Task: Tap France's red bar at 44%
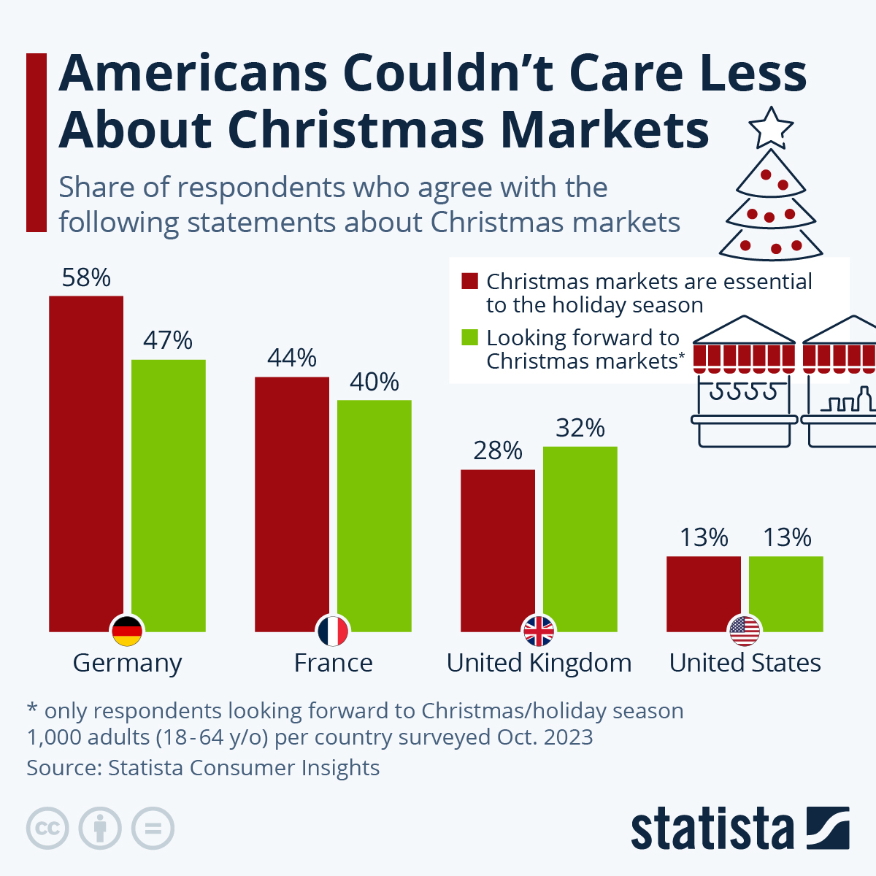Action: (292, 504)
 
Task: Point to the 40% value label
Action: (374, 382)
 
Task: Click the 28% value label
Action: (498, 451)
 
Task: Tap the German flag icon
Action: (127, 631)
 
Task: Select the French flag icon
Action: (333, 631)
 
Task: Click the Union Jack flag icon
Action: (539, 631)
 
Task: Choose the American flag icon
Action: (745, 631)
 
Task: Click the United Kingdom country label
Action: (539, 663)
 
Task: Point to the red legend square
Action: (470, 281)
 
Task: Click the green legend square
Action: (470, 337)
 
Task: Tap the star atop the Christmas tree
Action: (771, 128)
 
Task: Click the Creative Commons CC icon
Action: (47, 829)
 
